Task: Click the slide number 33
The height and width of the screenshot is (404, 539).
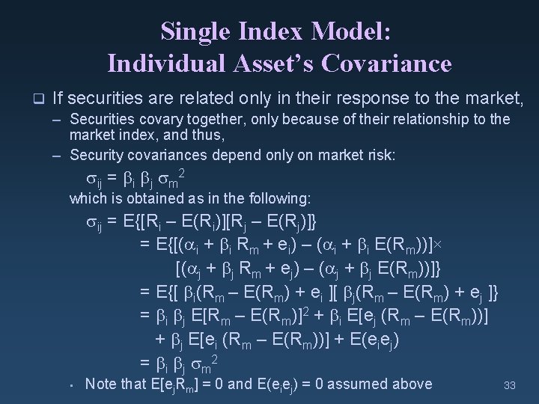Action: [511, 386]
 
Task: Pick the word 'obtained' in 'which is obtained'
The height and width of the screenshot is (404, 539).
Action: [144, 198]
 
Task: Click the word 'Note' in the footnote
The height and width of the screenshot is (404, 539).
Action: [101, 384]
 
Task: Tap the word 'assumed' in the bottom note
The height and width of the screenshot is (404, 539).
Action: [359, 384]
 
